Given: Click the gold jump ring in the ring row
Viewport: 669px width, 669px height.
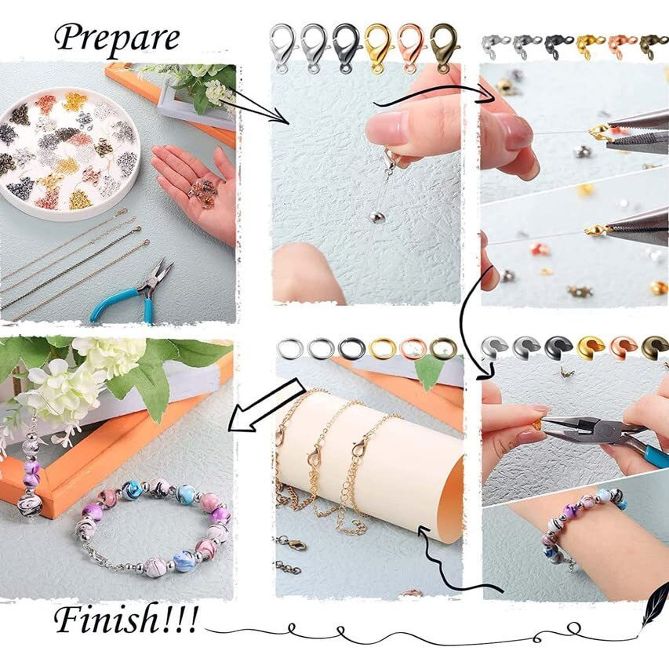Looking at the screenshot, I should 382,348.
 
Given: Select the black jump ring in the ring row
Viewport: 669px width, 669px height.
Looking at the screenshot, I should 351,348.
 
